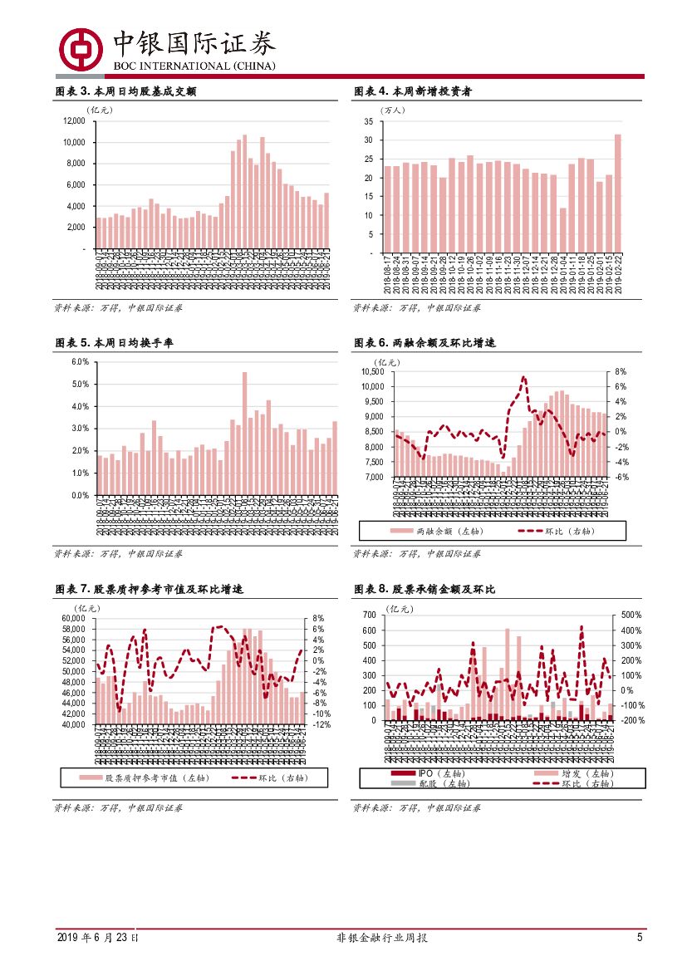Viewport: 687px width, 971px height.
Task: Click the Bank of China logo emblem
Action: tap(78, 49)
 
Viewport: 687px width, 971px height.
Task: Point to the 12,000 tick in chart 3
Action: tap(75, 121)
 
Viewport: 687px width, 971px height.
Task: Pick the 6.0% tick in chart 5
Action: tap(80, 362)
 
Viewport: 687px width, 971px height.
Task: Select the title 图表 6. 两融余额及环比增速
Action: tap(424, 342)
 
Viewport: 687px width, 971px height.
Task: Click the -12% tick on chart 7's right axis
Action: tap(322, 724)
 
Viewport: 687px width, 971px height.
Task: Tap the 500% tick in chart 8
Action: tap(622, 615)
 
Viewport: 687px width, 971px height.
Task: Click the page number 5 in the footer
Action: tap(640, 938)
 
